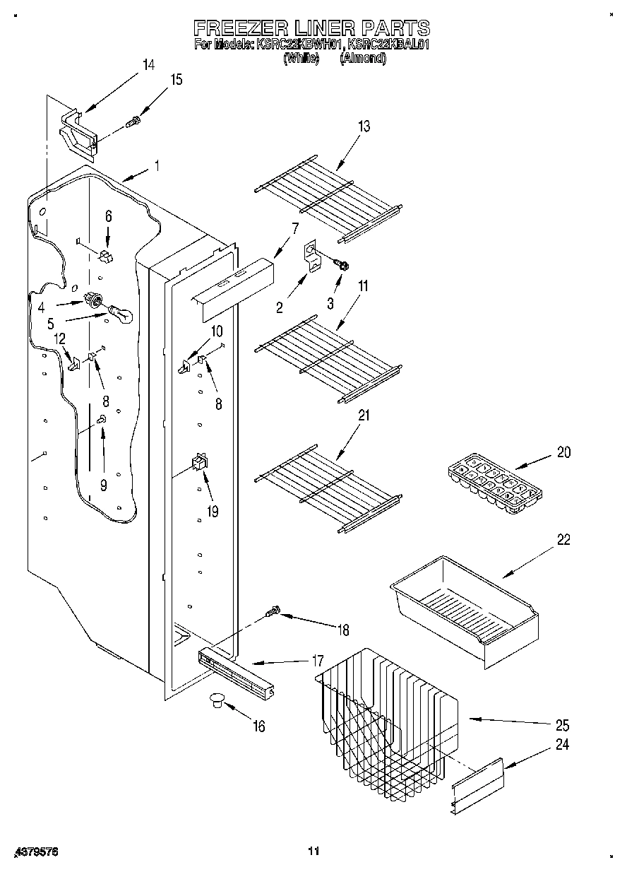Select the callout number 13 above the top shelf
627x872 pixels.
click(x=364, y=126)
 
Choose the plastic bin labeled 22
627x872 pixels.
click(x=462, y=608)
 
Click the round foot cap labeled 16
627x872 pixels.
click(x=216, y=700)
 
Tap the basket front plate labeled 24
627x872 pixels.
click(x=478, y=784)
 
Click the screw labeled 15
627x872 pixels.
click(x=132, y=123)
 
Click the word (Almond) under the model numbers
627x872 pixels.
click(x=363, y=60)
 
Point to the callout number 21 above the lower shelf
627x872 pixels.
click(x=364, y=416)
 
